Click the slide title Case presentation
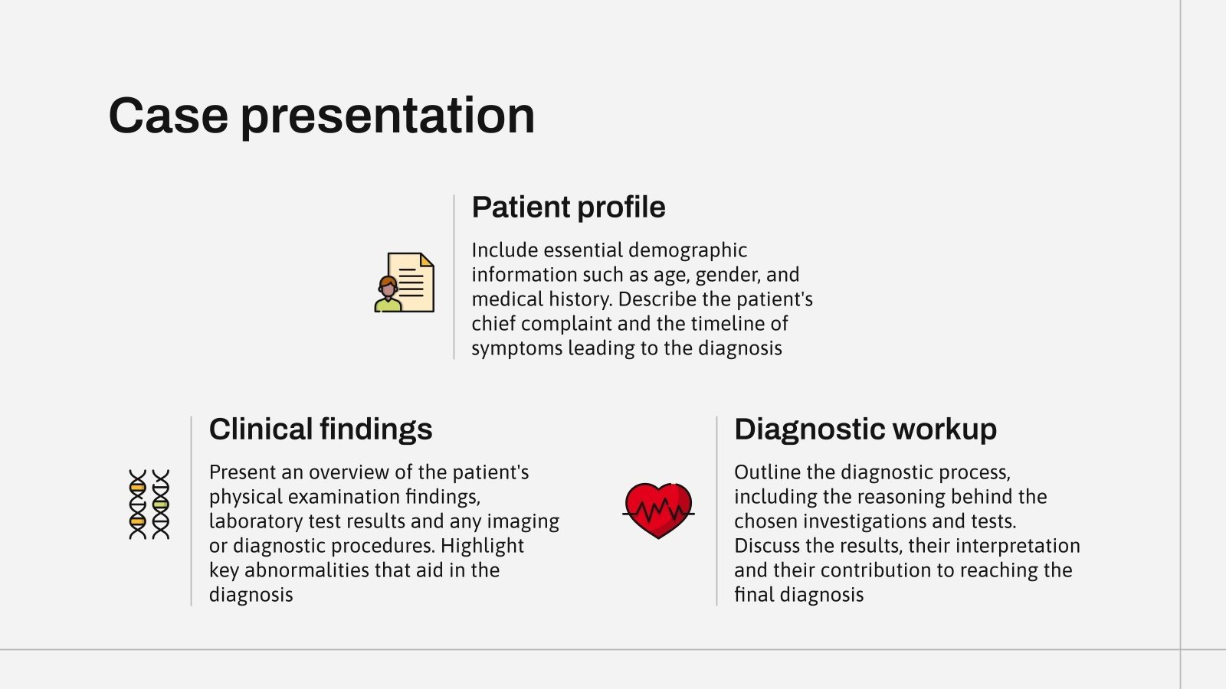321,116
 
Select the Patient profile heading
568,207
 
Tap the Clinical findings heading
320,429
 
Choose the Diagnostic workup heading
865,429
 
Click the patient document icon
405,282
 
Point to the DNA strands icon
149,505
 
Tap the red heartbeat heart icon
658,510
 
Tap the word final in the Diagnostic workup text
754,595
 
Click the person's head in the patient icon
388,286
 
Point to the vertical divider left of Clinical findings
191,511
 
